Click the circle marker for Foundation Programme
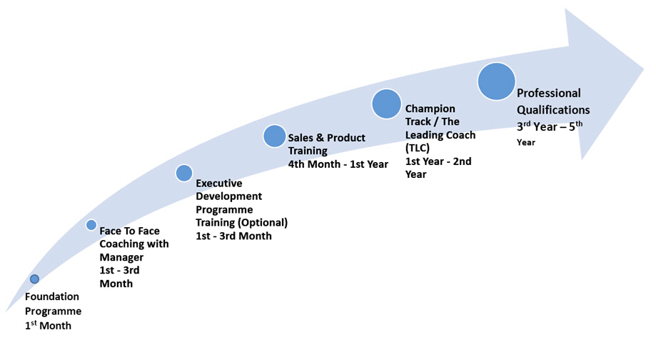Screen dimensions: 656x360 click(34, 279)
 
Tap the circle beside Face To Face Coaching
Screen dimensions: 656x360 click(91, 225)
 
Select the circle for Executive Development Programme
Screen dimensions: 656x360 click(184, 173)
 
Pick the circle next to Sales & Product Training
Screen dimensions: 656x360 click(274, 136)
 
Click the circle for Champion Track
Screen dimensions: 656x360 click(387, 104)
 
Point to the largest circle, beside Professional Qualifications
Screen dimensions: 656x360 click(497, 81)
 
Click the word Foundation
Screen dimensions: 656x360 click(52, 296)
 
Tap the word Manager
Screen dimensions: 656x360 click(121, 257)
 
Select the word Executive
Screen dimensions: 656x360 click(219, 184)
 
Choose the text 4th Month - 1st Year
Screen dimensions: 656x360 click(338, 164)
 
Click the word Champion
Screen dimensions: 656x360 click(430, 109)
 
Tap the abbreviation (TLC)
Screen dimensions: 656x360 click(418, 148)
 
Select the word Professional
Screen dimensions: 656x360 click(549, 93)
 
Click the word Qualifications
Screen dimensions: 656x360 click(553, 110)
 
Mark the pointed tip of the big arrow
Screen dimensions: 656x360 click(643, 69)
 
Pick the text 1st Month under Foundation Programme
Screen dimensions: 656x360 click(48, 325)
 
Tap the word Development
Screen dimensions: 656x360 click(229, 196)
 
